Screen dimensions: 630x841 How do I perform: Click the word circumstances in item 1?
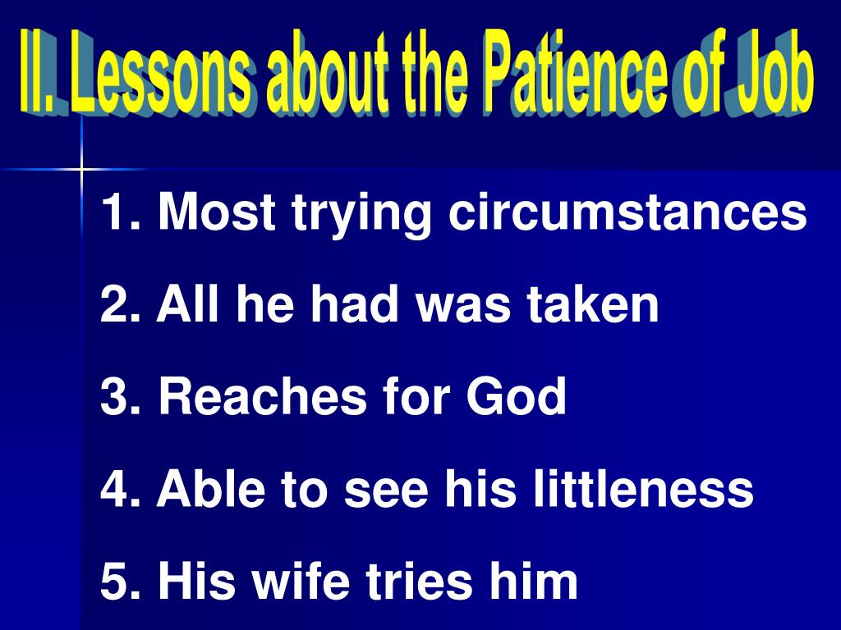(x=627, y=213)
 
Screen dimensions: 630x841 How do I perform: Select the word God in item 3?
(x=517, y=397)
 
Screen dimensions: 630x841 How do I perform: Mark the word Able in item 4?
(x=214, y=489)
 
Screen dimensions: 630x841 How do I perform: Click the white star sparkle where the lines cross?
(x=82, y=169)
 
